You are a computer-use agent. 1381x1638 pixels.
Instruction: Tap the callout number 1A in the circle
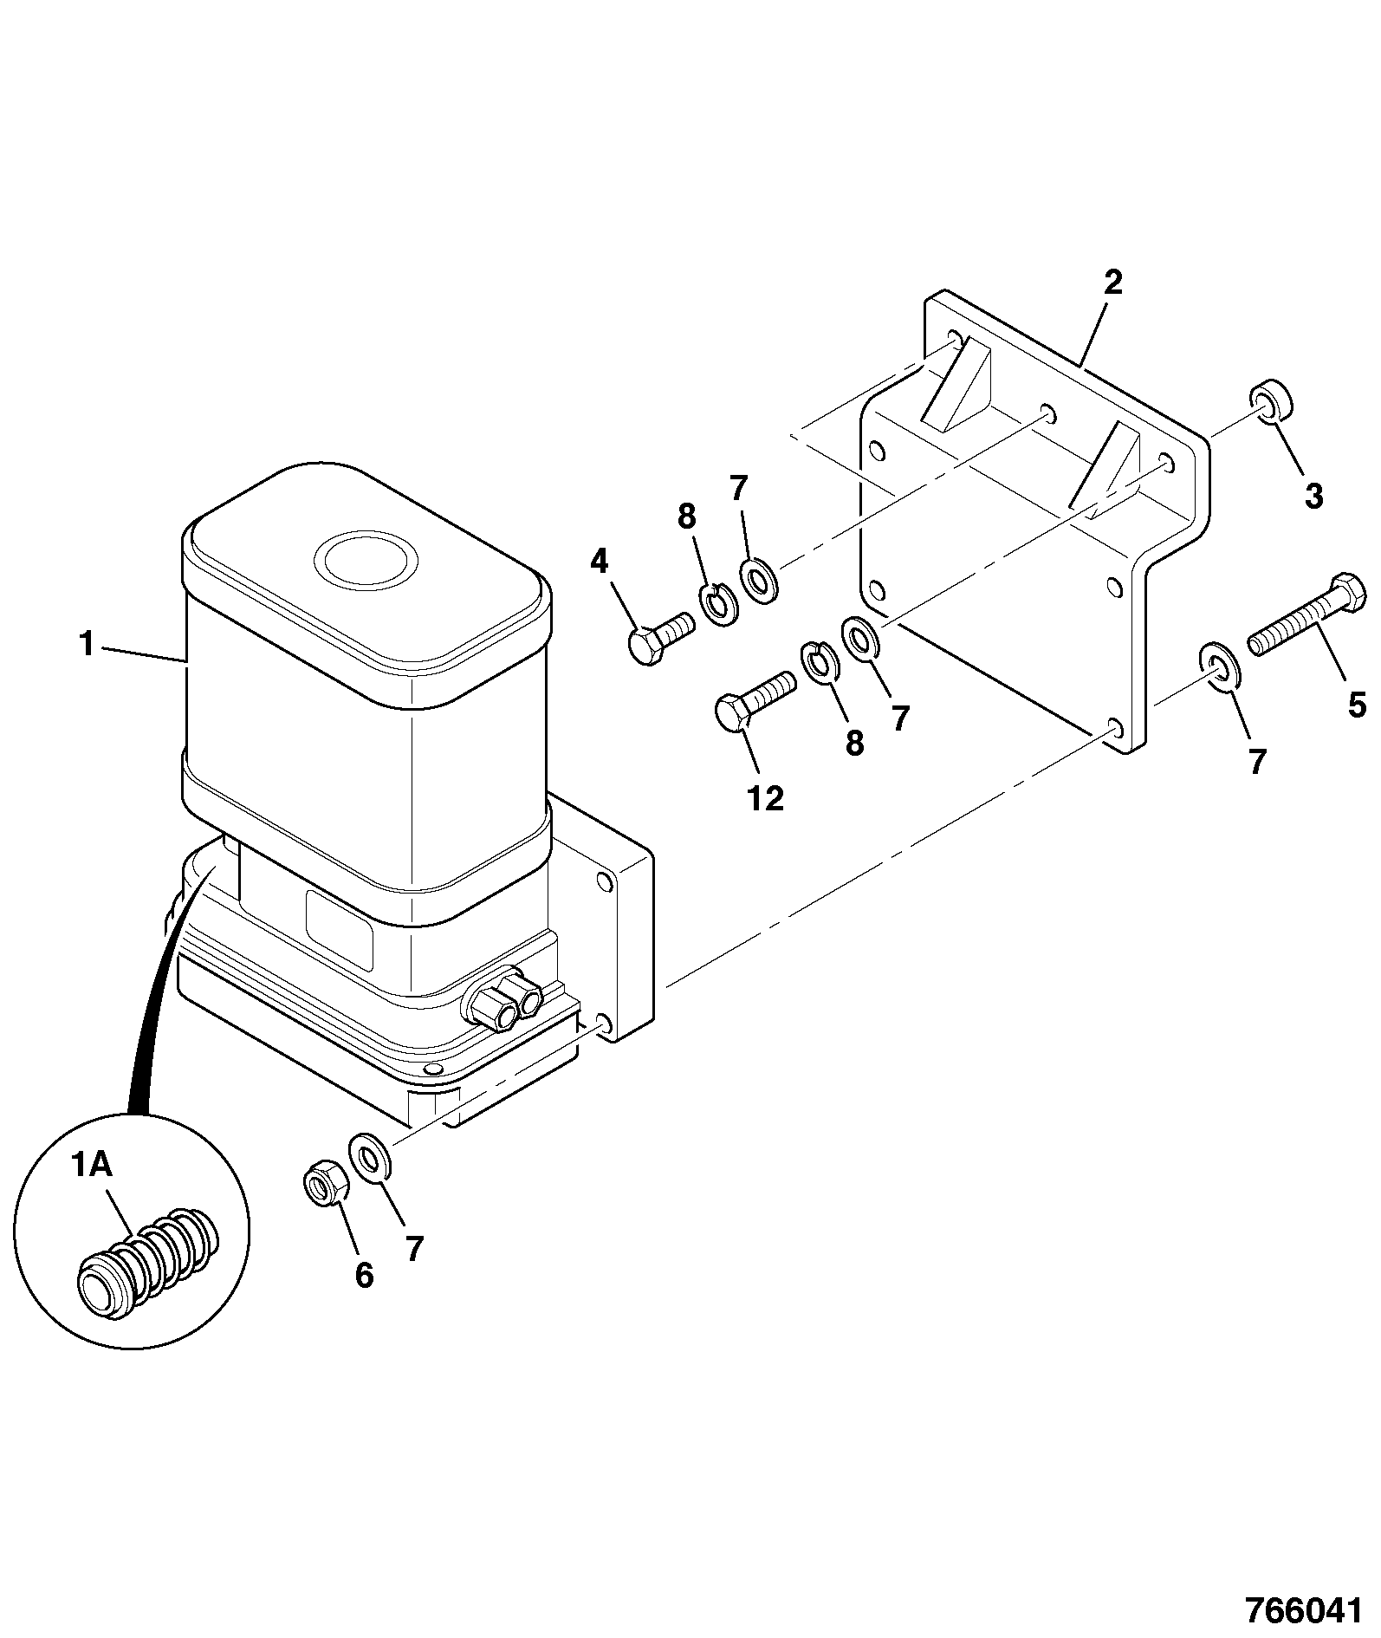(91, 1167)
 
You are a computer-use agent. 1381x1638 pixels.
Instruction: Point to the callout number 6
(365, 1275)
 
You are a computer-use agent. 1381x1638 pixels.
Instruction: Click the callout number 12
(764, 798)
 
